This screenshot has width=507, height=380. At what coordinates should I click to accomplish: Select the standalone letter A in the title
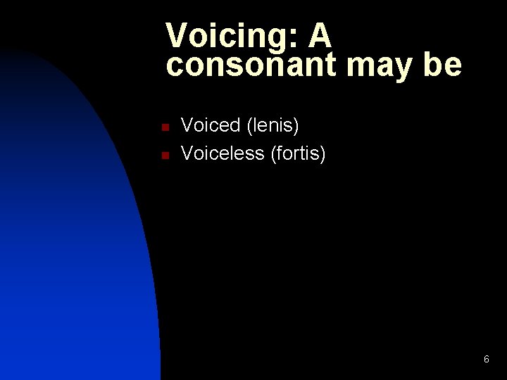318,35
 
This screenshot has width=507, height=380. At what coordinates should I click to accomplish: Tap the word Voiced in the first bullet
211,126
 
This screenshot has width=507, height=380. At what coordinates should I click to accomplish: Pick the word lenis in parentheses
273,126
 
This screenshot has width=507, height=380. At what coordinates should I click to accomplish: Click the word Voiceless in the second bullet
223,153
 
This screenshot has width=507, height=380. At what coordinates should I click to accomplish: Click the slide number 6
487,360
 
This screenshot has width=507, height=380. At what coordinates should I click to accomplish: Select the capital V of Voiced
188,126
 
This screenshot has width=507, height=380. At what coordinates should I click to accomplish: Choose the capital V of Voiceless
188,153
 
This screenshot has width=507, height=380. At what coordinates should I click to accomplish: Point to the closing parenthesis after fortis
323,153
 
